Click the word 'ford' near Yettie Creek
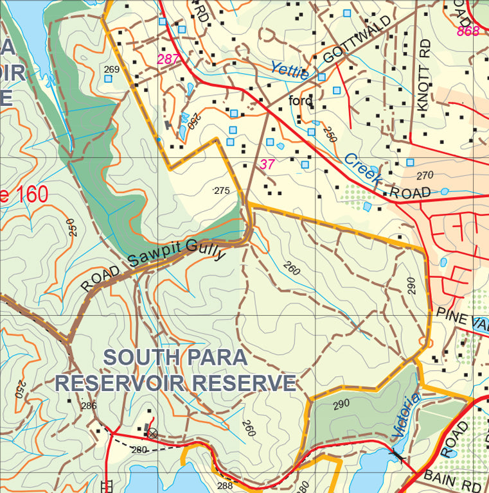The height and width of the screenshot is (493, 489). (x=301, y=101)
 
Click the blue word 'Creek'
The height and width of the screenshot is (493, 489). (x=360, y=171)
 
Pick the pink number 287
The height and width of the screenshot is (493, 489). (x=169, y=60)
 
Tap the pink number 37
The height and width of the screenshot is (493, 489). (x=267, y=164)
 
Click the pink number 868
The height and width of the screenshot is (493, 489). (x=468, y=31)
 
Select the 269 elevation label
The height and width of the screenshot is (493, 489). (x=112, y=69)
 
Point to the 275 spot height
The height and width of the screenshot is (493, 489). (x=221, y=191)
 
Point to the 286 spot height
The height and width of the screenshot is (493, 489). (x=89, y=406)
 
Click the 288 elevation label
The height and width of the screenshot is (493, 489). (x=225, y=486)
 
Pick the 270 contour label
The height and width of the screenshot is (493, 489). (x=425, y=175)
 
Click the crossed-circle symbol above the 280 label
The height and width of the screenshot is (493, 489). (x=152, y=433)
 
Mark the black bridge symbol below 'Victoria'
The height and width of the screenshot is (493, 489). (x=395, y=454)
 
